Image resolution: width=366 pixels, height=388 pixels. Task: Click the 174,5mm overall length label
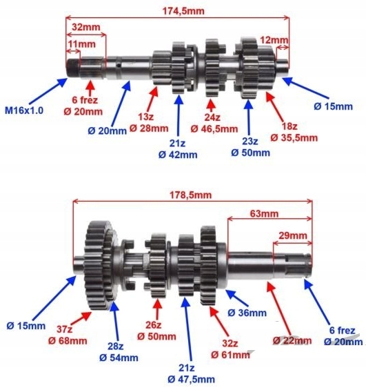point(183,11)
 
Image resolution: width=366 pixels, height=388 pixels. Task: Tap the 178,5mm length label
point(190,195)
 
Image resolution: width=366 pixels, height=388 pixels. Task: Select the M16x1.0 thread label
point(24,110)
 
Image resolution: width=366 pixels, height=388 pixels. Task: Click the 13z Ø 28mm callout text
point(149,122)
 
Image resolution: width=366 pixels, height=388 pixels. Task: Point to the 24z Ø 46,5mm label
point(214,123)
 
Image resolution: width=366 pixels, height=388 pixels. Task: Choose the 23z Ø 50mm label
point(250,147)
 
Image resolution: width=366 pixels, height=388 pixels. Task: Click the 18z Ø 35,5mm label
point(294,132)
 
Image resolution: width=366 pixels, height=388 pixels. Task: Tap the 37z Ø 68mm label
point(68,336)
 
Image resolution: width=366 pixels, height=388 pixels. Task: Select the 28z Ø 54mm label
point(119,352)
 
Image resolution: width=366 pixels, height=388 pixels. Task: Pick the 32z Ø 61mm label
point(230,349)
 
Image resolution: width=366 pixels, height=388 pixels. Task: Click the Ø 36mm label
point(247,313)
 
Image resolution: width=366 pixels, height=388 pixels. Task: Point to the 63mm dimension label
point(264,213)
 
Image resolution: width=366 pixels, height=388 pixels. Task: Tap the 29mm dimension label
point(293,235)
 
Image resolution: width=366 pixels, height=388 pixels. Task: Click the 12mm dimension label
point(274,40)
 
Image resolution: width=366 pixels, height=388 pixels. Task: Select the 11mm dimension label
point(81,44)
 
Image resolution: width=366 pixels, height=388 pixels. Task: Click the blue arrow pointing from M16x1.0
point(48,91)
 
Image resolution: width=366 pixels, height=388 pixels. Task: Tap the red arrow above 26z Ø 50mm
point(157,309)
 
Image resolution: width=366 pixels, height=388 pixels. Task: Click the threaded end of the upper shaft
point(72,67)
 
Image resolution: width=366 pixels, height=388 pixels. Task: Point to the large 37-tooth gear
point(96,265)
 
